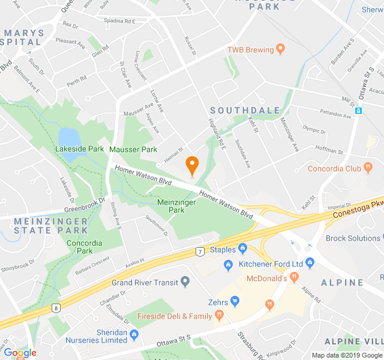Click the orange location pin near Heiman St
(192, 164)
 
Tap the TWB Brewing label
(250, 50)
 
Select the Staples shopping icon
(242, 248)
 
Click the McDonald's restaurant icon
(294, 277)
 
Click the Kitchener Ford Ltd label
(271, 264)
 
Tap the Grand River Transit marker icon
(185, 281)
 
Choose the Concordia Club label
(334, 169)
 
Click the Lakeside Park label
(80, 148)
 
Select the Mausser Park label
(133, 149)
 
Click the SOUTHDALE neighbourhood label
(245, 110)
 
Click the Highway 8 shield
(56, 308)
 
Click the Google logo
(20, 353)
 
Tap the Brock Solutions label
(353, 238)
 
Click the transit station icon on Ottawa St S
(358, 110)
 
